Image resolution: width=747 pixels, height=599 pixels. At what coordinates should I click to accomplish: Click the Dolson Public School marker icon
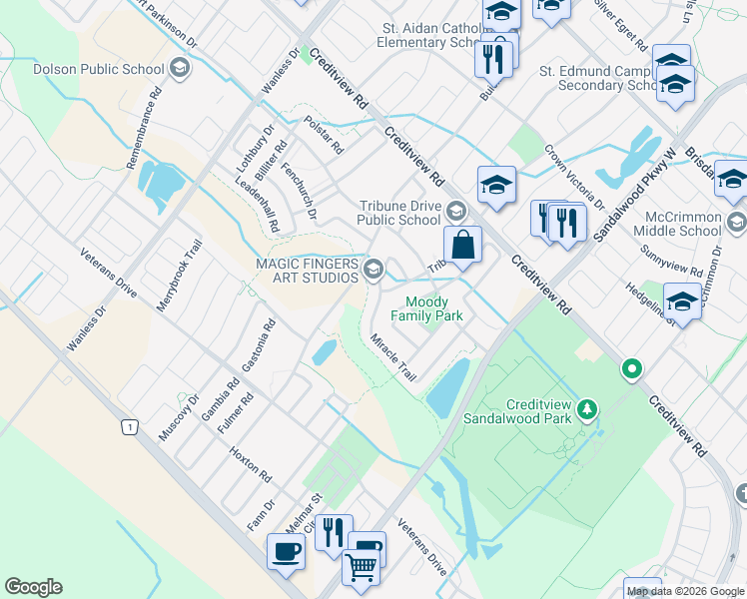pyautogui.click(x=180, y=69)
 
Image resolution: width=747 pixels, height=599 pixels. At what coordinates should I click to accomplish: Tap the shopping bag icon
pyautogui.click(x=463, y=245)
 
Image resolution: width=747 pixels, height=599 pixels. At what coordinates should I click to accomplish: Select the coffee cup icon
pyautogui.click(x=286, y=551)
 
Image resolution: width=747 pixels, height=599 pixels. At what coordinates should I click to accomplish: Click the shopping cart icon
pyautogui.click(x=361, y=567)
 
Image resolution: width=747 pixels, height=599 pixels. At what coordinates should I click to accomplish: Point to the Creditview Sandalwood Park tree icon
pyautogui.click(x=588, y=408)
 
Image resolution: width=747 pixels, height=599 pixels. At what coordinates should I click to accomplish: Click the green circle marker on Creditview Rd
pyautogui.click(x=631, y=370)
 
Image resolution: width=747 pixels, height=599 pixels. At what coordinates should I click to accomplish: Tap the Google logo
pyautogui.click(x=33, y=587)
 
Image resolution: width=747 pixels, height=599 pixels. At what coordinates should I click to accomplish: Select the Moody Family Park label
pyautogui.click(x=433, y=309)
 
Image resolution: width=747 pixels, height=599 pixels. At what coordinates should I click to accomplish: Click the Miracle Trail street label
pyautogui.click(x=392, y=357)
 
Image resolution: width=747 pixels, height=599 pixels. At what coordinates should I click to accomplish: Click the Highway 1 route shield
pyautogui.click(x=128, y=427)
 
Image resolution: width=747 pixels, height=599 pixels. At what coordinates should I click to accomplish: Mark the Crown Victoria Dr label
pyautogui.click(x=574, y=176)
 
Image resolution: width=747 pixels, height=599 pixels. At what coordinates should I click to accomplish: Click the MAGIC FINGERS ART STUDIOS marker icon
pyautogui.click(x=373, y=269)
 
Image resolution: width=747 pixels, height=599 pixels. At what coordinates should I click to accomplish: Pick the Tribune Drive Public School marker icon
pyautogui.click(x=455, y=211)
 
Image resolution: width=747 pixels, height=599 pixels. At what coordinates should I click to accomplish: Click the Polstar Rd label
pyautogui.click(x=324, y=135)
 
